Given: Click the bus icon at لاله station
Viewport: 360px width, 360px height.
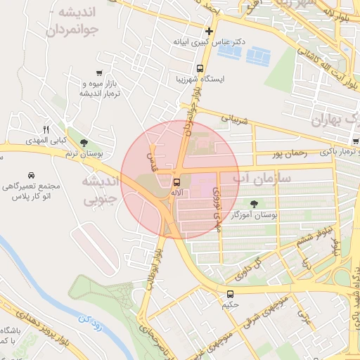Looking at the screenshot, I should (175, 182).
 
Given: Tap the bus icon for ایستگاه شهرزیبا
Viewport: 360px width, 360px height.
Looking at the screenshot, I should (200, 69).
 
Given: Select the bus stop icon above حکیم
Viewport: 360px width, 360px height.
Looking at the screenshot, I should (231, 294).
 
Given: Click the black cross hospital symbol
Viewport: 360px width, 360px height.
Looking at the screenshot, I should (208, 32).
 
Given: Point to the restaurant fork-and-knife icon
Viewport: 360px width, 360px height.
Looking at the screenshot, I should (46, 129).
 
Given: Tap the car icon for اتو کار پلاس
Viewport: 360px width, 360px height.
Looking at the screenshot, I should (32, 175).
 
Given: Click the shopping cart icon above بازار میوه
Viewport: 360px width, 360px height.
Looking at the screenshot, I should (100, 72).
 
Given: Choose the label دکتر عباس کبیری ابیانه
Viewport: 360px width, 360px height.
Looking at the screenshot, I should (210, 42).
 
